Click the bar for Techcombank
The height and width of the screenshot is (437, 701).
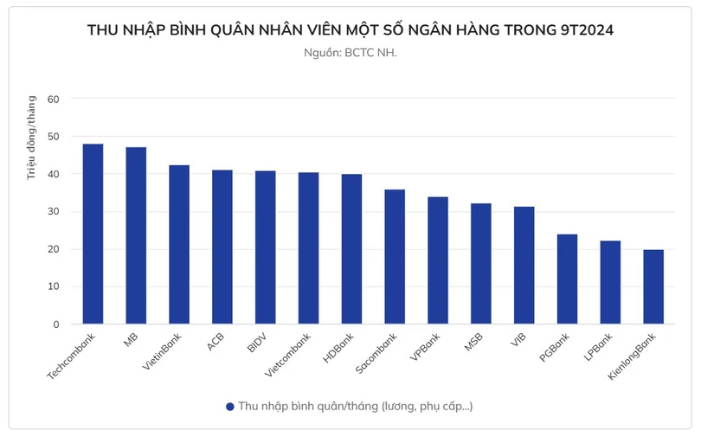[x=93, y=234]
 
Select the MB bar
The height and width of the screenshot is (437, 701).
[x=136, y=235]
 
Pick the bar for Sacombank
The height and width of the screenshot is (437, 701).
[x=395, y=256]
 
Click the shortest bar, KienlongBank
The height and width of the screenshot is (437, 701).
[x=653, y=286]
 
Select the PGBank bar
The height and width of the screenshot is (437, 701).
[x=567, y=279]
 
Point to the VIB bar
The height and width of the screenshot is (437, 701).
[x=524, y=265]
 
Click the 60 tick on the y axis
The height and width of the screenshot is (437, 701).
[x=53, y=99]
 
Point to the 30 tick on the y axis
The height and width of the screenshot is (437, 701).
[x=53, y=211]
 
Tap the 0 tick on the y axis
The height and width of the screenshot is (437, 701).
[x=55, y=325]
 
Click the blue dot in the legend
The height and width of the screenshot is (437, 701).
[x=229, y=406]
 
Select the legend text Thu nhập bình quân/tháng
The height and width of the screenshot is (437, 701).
[x=355, y=406]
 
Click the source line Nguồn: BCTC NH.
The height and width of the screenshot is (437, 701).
[x=350, y=53]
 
